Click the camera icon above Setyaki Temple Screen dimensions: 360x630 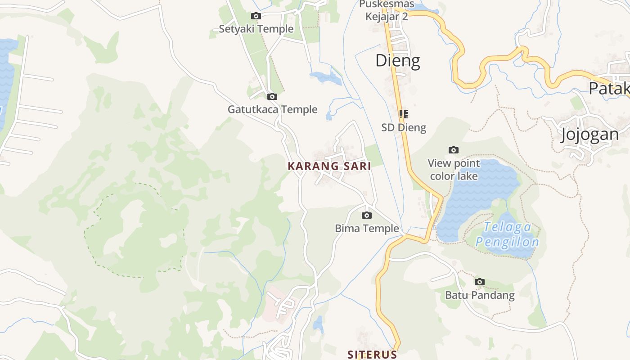tap(256, 16)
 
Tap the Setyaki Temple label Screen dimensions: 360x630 tap(256, 29)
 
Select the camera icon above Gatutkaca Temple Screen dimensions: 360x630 tap(272, 96)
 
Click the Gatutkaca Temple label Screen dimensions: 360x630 tap(272, 109)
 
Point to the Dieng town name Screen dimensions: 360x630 tap(398, 60)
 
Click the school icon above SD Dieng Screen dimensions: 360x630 tap(403, 114)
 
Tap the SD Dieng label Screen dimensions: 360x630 tap(404, 127)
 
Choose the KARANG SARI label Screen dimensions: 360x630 tap(329, 166)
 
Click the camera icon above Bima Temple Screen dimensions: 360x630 tap(367, 215)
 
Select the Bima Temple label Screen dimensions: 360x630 tap(367, 228)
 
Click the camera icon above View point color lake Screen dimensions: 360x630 tap(454, 150)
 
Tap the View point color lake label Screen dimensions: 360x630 tap(454, 170)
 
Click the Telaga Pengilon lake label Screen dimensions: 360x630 tap(507, 235)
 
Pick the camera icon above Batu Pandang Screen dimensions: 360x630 tap(480, 282)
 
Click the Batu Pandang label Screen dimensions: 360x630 tap(480, 295)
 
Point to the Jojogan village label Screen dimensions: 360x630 tap(589, 135)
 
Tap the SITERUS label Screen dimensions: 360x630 tap(372, 355)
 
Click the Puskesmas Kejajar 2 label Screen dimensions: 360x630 tap(387, 10)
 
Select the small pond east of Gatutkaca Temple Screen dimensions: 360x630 tap(325, 77)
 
